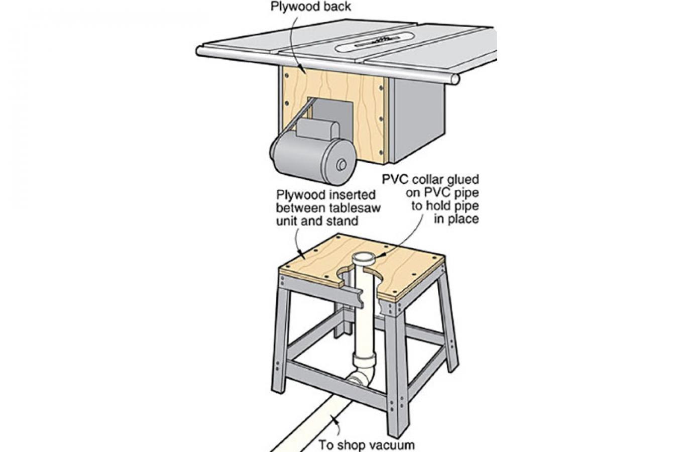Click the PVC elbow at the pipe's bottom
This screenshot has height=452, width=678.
[x=361, y=376]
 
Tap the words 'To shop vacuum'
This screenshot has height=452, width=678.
[x=367, y=444]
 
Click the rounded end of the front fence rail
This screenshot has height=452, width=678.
[x=454, y=79]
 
